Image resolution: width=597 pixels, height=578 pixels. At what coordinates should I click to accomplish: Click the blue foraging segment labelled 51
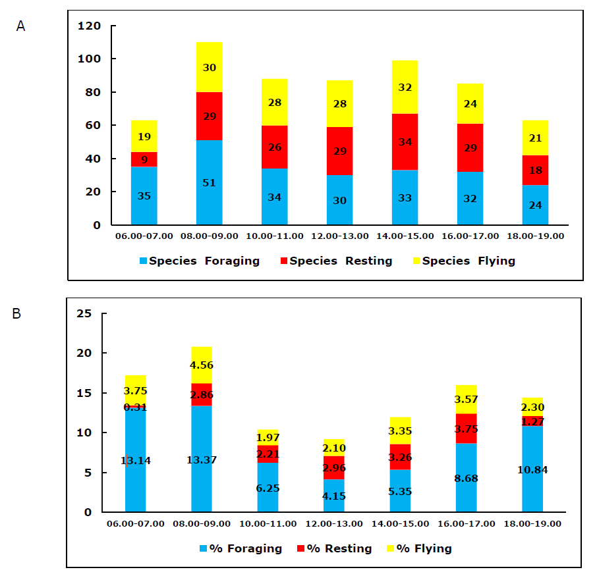pyautogui.click(x=210, y=182)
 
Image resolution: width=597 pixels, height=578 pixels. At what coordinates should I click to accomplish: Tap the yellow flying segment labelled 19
pyautogui.click(x=144, y=136)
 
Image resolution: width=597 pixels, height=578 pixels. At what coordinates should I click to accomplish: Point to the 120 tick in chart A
pyautogui.click(x=89, y=26)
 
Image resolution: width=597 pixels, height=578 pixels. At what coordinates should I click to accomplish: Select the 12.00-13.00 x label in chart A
pyautogui.click(x=339, y=236)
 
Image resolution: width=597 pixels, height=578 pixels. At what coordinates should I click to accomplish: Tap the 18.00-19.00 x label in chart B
pyautogui.click(x=532, y=523)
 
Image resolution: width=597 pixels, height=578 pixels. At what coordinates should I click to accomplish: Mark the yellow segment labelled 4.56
pyautogui.click(x=202, y=365)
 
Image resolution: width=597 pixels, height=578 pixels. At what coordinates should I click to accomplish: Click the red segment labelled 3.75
pyautogui.click(x=466, y=429)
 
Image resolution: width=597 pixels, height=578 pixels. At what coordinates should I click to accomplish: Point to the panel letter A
pyautogui.click(x=20, y=26)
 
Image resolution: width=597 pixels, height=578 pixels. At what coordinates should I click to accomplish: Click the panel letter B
pyautogui.click(x=16, y=313)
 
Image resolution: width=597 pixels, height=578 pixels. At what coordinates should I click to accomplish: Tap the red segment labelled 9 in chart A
pyautogui.click(x=144, y=159)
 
